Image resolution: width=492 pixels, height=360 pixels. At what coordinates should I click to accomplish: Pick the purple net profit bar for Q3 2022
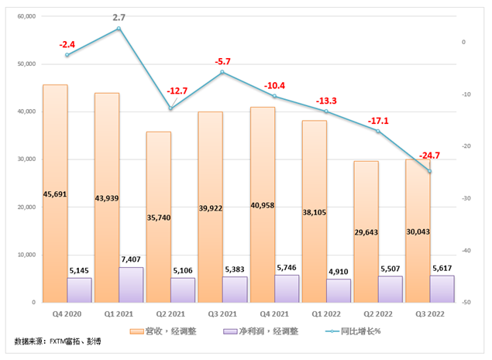click(442, 289)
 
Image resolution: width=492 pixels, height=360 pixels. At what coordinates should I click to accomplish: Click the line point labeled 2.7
click(119, 29)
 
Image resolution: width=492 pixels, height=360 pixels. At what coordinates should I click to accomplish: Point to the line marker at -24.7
click(430, 171)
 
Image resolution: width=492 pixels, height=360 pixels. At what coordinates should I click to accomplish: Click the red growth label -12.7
click(177, 91)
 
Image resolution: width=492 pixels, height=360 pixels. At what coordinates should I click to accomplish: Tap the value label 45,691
click(55, 194)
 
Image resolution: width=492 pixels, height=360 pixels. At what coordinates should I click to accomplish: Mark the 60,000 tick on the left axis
click(26, 16)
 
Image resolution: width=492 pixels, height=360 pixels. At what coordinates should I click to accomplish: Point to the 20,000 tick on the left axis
click(26, 207)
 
